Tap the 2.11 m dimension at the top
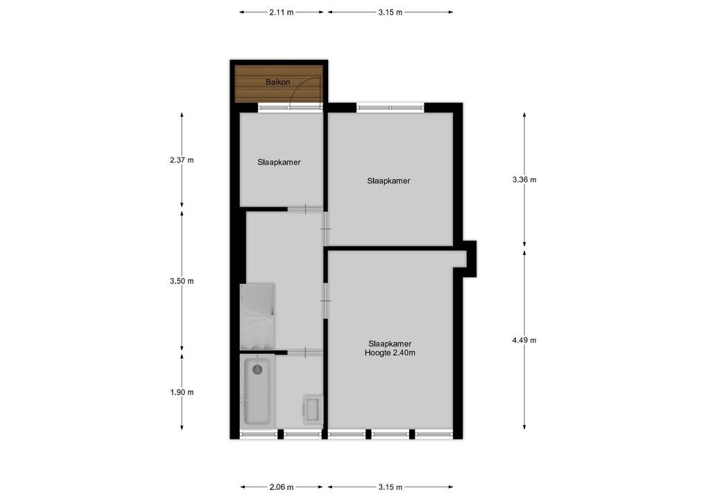281,12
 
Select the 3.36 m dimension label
524,180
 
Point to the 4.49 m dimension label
524,340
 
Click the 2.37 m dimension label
182,160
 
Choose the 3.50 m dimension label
182,281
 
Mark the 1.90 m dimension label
182,392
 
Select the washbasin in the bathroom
313,408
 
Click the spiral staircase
257,317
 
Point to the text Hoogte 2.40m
390,353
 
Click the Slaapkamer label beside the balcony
279,162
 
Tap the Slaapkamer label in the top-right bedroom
388,181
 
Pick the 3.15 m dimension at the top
390,12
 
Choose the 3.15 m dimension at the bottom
390,486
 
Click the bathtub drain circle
257,369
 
